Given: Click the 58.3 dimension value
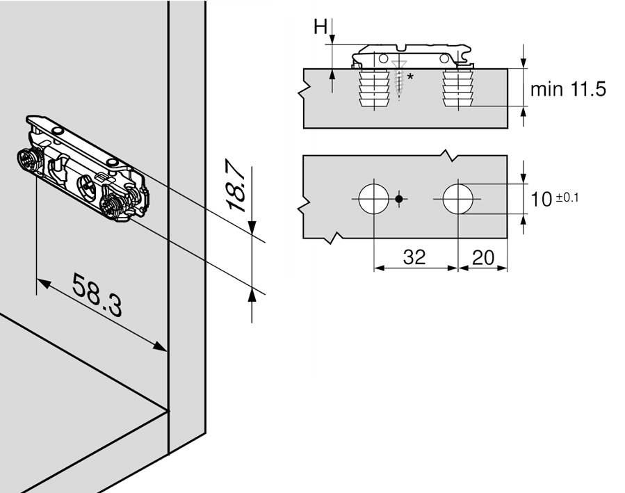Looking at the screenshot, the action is pyautogui.click(x=97, y=295).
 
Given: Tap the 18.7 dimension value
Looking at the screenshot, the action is pyautogui.click(x=235, y=186).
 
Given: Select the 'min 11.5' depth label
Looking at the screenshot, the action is pyautogui.click(x=567, y=89).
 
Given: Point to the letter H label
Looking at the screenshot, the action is pyautogui.click(x=320, y=26).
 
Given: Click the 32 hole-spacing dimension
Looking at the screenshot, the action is pyautogui.click(x=414, y=257).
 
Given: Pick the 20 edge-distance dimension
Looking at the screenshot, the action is pyautogui.click(x=483, y=258).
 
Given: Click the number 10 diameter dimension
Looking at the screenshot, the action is pyautogui.click(x=542, y=200).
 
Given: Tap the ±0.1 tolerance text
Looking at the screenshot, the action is pyautogui.click(x=567, y=197).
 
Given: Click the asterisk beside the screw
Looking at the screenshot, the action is pyautogui.click(x=410, y=76).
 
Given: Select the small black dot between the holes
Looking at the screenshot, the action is pyautogui.click(x=398, y=199).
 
